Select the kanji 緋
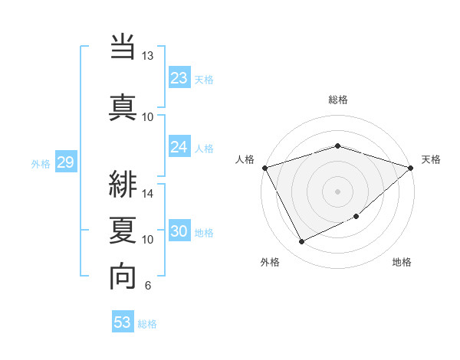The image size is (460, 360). pyautogui.click(x=123, y=183)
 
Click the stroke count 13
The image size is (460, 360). pyautogui.click(x=148, y=56)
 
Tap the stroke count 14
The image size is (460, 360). pyautogui.click(x=148, y=194)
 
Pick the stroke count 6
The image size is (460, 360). pyautogui.click(x=147, y=286)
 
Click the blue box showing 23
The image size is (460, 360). pyautogui.click(x=179, y=78)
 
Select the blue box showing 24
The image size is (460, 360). pyautogui.click(x=179, y=147)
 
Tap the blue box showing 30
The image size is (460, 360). pyautogui.click(x=179, y=232)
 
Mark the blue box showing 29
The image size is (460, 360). pyautogui.click(x=65, y=162)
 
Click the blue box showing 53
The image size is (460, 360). pyautogui.click(x=123, y=322)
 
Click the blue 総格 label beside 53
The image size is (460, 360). pyautogui.click(x=147, y=324)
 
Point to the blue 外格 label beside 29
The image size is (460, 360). pyautogui.click(x=41, y=163)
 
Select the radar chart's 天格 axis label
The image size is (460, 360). pyautogui.click(x=431, y=159)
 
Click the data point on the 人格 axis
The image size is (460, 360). pyautogui.click(x=264, y=168)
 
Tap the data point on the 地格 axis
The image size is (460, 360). pyautogui.click(x=357, y=216)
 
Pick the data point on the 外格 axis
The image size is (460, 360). pyautogui.click(x=301, y=242)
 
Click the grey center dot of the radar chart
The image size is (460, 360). pyautogui.click(x=337, y=191)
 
